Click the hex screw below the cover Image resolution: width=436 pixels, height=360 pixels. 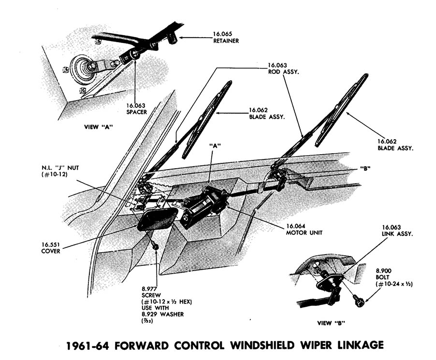[156, 246]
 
